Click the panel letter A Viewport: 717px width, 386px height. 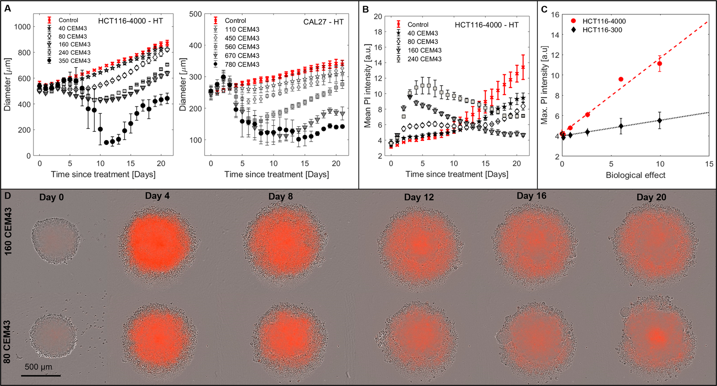pyautogui.click(x=7, y=9)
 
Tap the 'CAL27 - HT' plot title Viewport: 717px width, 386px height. pyautogui.click(x=323, y=22)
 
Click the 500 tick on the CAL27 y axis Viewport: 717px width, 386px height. pyautogui.click(x=196, y=14)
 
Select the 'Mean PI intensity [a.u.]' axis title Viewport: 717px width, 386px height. pyautogui.click(x=367, y=85)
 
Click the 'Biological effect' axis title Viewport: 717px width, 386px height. pyautogui.click(x=635, y=175)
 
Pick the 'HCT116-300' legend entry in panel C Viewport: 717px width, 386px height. pyautogui.click(x=602, y=30)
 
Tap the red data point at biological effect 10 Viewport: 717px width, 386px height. pyautogui.click(x=659, y=64)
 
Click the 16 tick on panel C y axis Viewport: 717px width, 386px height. pyautogui.click(x=555, y=14)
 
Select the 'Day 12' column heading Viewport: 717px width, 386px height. pyautogui.click(x=418, y=197)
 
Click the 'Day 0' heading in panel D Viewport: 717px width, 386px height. pyautogui.click(x=51, y=197)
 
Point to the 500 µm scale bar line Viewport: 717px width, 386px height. pyautogui.click(x=41, y=375)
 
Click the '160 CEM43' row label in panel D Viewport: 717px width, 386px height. pyautogui.click(x=8, y=231)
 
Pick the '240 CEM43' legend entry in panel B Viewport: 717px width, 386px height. pyautogui.click(x=424, y=59)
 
